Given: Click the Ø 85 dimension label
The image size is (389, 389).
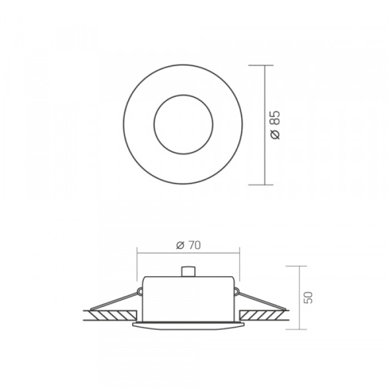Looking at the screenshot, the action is (276, 125).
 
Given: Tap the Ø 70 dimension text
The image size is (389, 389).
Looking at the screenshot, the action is (188, 245).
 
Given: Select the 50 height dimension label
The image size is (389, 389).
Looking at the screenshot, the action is (308, 297).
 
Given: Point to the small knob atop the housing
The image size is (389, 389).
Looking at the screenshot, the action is (188, 272).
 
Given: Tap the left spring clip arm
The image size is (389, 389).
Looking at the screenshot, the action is (114, 301).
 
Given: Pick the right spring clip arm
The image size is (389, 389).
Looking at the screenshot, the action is (262, 301).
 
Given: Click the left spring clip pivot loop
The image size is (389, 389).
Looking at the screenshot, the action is (140, 291).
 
